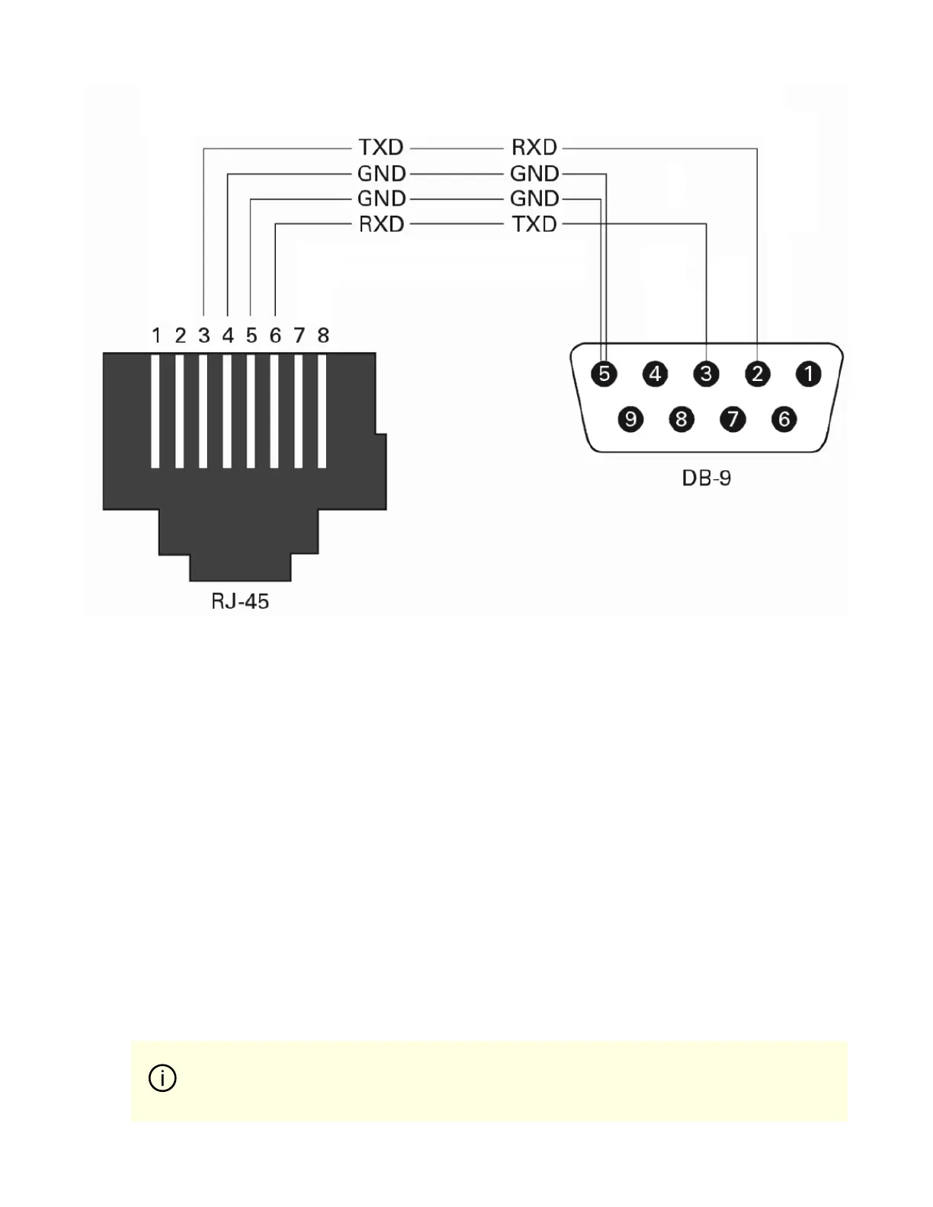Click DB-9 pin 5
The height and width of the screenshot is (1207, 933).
coord(604,374)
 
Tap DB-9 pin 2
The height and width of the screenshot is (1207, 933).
coord(758,374)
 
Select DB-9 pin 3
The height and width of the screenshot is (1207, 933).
coord(707,374)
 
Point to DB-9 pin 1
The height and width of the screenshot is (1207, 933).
coord(809,374)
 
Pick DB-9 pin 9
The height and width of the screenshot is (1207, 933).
coord(630,419)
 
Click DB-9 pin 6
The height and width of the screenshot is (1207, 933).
coord(784,419)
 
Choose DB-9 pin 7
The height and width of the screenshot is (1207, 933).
coord(733,419)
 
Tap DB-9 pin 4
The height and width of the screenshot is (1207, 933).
coord(656,374)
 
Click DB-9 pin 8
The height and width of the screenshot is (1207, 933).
coord(681,419)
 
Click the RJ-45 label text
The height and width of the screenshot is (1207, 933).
coord(240,602)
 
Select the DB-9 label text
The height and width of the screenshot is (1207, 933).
coord(707,479)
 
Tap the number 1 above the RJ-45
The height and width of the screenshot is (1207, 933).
coord(156,335)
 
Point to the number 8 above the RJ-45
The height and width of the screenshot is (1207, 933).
coord(323,335)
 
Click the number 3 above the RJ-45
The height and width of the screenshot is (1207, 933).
coord(204,335)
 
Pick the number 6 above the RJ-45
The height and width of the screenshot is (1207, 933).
coord(275,335)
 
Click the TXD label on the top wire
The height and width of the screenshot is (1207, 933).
coord(381,147)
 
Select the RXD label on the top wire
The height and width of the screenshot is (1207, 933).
coord(534,147)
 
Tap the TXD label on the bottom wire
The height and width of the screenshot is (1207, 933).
coord(534,225)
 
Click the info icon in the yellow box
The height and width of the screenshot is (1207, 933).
coord(162,1078)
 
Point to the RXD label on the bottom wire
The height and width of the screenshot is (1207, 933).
coord(381,225)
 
